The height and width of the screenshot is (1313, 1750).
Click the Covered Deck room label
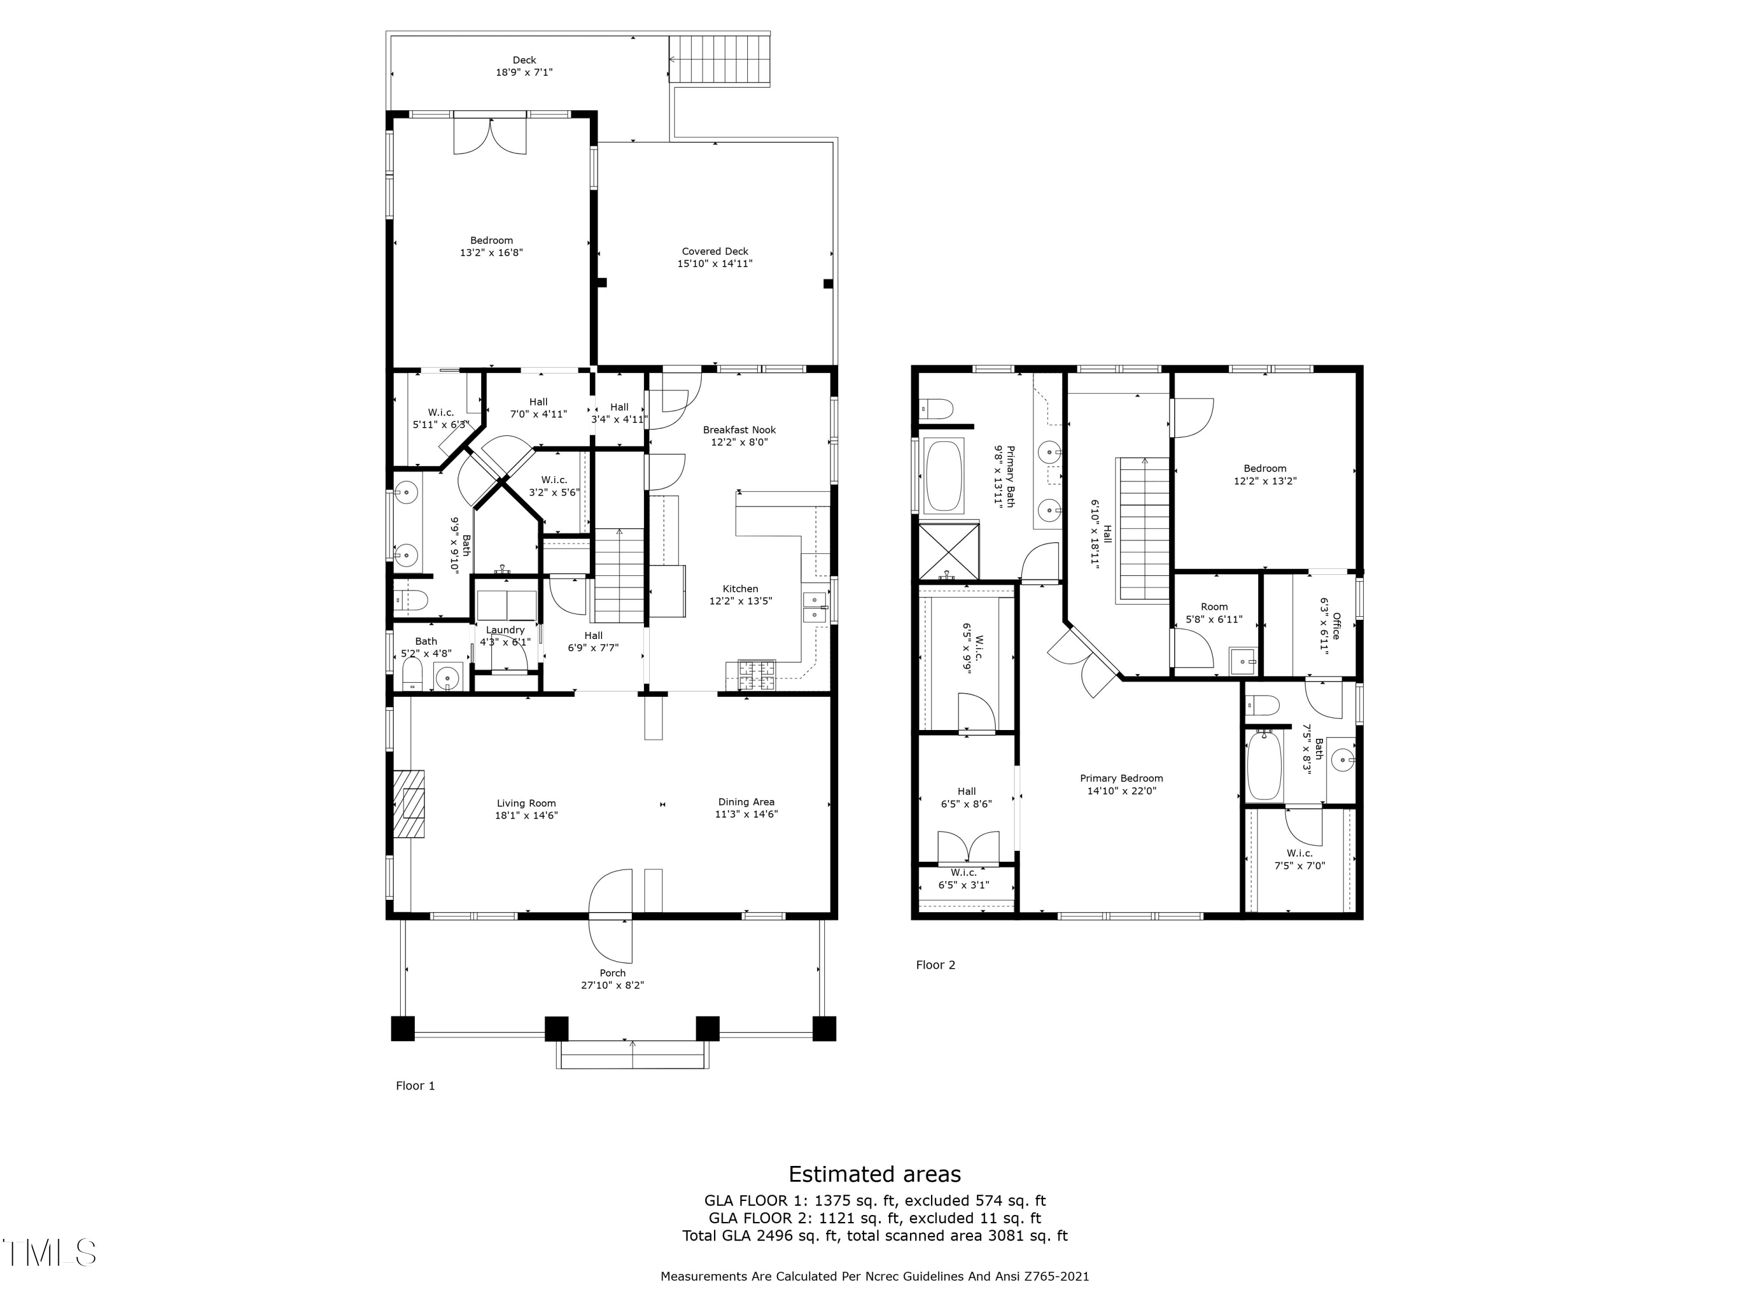(x=715, y=252)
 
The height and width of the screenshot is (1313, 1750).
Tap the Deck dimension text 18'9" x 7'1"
(x=524, y=72)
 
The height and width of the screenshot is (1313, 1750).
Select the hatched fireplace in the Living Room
(x=410, y=804)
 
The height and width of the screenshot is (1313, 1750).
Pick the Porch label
(x=612, y=973)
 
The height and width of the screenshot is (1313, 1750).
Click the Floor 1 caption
(x=415, y=1086)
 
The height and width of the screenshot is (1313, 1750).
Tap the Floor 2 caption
(x=935, y=965)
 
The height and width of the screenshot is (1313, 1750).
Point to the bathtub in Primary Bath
(x=944, y=475)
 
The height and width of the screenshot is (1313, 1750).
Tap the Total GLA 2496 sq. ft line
(x=875, y=1235)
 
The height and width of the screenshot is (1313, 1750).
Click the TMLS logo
(x=50, y=1253)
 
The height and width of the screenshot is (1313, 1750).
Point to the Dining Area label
(x=746, y=802)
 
